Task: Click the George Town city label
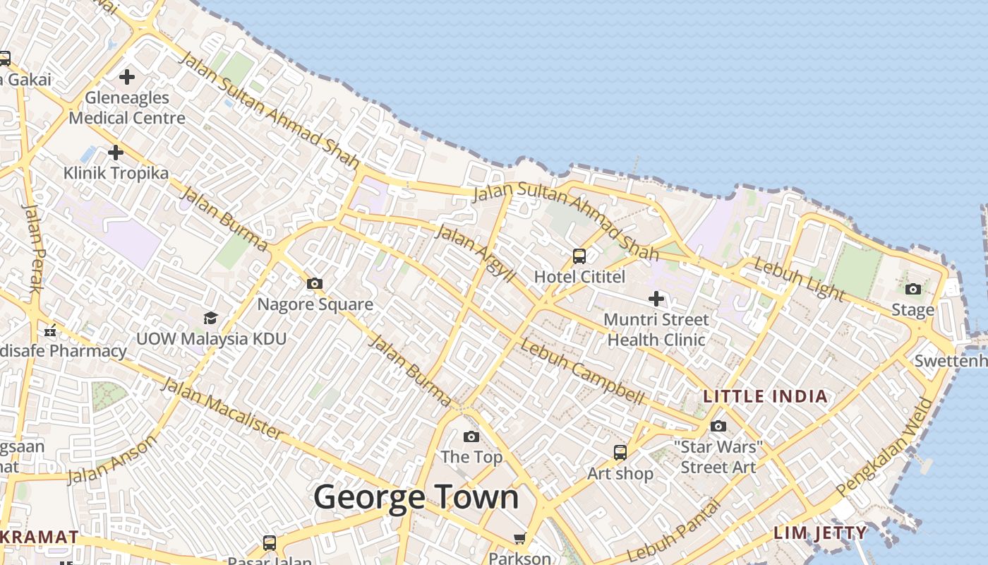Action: click(x=416, y=497)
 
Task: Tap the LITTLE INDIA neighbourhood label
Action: click(x=766, y=396)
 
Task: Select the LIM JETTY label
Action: click(x=820, y=533)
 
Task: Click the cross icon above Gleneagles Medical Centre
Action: click(x=127, y=76)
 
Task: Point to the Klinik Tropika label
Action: click(x=116, y=173)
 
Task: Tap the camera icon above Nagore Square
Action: click(x=315, y=284)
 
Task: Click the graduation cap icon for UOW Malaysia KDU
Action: click(x=210, y=318)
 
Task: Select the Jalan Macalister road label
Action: click(x=222, y=408)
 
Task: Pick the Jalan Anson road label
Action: click(x=113, y=460)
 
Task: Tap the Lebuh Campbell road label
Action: click(x=582, y=371)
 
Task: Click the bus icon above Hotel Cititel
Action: click(x=579, y=256)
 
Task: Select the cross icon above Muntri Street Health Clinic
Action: click(x=656, y=299)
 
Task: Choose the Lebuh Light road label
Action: click(x=799, y=278)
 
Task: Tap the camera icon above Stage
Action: click(x=912, y=289)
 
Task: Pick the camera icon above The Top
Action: click(x=471, y=436)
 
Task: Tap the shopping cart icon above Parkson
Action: click(x=520, y=539)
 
